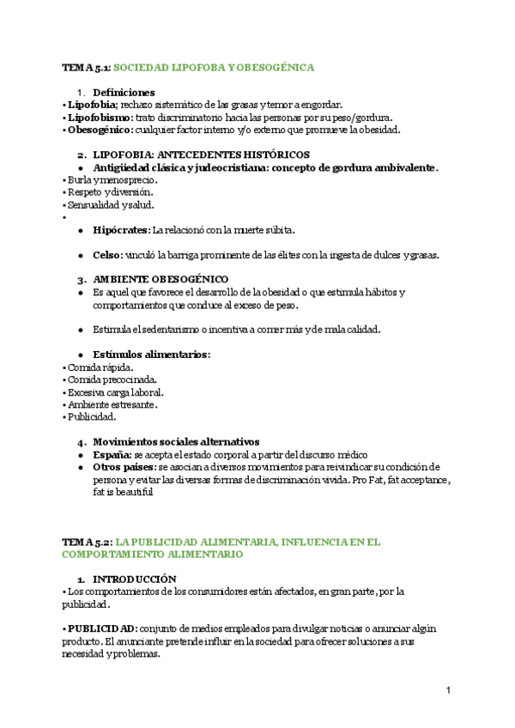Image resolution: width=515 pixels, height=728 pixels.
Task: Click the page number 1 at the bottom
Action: click(x=449, y=690)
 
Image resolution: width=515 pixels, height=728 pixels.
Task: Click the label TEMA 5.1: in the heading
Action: click(x=86, y=66)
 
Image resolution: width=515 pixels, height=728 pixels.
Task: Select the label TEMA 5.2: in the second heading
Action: click(x=86, y=543)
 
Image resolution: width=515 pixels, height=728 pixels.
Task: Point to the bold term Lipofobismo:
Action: click(x=100, y=118)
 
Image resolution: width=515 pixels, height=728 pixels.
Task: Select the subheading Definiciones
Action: click(x=124, y=92)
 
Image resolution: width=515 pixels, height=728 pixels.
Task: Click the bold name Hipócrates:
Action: click(x=121, y=230)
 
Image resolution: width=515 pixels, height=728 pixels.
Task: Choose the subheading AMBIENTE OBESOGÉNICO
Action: click(x=161, y=280)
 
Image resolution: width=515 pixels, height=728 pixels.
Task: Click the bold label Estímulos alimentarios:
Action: click(x=151, y=355)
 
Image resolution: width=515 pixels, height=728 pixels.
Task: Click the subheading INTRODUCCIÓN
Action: click(x=135, y=579)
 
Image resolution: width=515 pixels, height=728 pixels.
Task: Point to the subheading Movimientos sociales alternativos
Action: click(x=176, y=442)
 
